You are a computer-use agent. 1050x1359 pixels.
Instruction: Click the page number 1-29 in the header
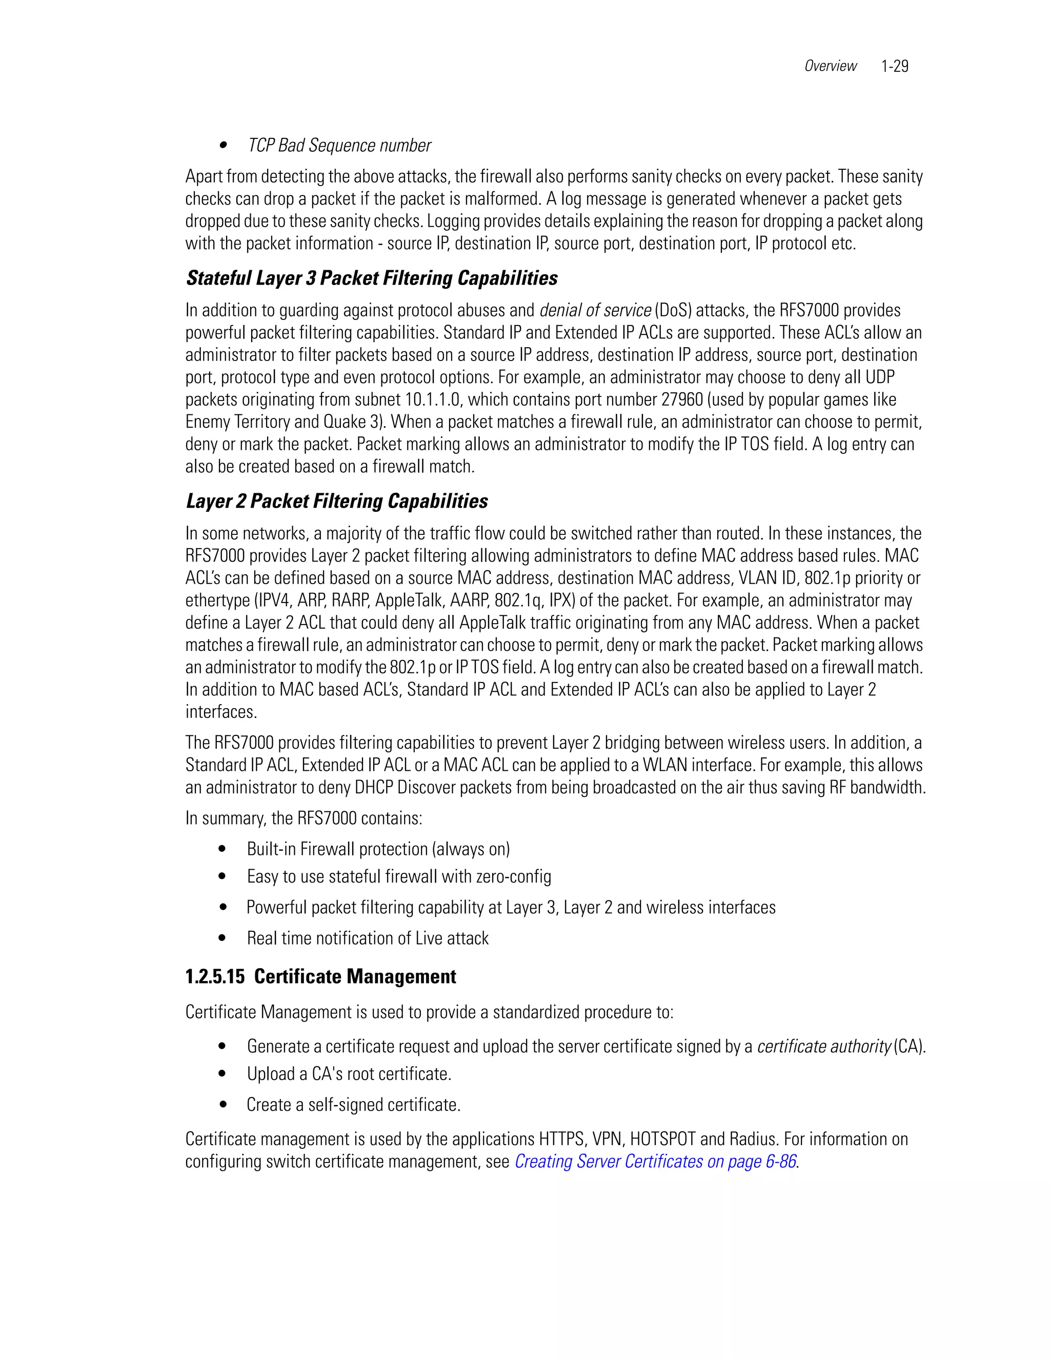(895, 66)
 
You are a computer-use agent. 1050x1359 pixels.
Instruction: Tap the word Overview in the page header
(830, 66)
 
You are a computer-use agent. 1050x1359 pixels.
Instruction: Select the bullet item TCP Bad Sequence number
(339, 146)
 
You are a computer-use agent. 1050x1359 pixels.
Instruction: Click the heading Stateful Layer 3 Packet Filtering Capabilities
(372, 278)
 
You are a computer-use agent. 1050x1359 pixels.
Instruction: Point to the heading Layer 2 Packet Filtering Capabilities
(337, 501)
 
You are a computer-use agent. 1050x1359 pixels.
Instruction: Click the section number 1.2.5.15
(215, 976)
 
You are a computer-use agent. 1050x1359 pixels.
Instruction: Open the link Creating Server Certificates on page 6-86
(655, 1161)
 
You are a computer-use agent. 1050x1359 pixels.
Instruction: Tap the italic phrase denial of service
(595, 310)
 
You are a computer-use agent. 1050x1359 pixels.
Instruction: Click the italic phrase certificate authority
(823, 1046)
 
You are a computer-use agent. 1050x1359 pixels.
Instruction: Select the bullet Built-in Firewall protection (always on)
(378, 849)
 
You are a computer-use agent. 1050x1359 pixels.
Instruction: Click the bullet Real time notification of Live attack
(368, 938)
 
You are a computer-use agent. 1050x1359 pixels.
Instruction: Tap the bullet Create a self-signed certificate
(353, 1105)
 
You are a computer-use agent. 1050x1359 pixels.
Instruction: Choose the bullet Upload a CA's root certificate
(349, 1074)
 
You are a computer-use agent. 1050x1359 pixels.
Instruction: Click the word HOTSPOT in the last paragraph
(662, 1140)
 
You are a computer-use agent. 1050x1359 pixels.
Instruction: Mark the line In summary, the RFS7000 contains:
(304, 818)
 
